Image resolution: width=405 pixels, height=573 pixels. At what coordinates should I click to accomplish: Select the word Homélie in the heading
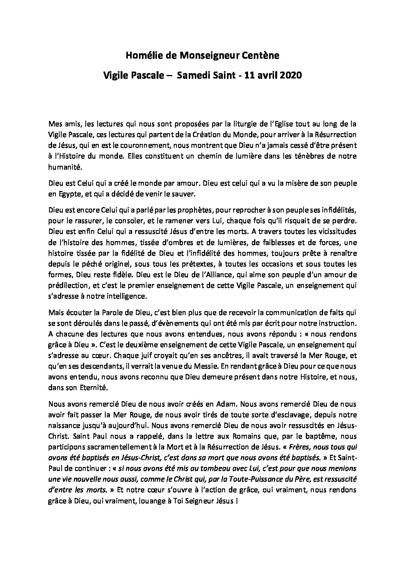click(x=142, y=56)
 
